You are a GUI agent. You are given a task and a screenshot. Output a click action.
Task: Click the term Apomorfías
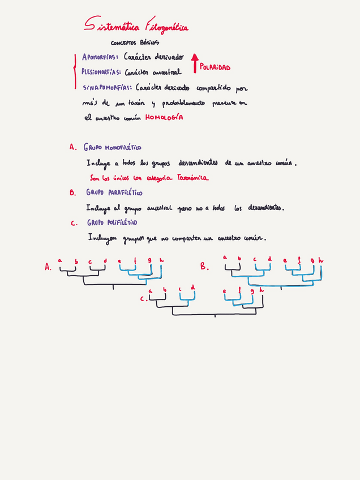[x=100, y=57]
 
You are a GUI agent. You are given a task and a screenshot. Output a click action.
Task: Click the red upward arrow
[x=195, y=63]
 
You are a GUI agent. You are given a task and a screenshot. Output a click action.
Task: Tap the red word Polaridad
[x=215, y=67]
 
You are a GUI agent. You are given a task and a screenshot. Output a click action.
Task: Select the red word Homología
[x=164, y=118]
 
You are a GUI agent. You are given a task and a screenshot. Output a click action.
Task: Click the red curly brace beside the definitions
[x=75, y=72]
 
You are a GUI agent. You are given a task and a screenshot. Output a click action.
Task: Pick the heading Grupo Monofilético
[x=113, y=147]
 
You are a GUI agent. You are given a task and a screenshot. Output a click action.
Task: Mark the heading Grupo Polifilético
[x=112, y=222]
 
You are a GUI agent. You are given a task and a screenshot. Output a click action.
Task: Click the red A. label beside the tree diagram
[x=48, y=267]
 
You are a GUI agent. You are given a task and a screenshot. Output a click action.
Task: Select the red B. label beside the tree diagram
[x=205, y=266]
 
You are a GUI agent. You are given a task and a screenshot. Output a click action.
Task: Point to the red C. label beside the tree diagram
[x=143, y=298]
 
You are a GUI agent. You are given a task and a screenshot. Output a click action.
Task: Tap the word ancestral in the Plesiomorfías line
[x=166, y=72]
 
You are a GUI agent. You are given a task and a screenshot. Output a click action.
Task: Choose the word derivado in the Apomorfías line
[x=168, y=57]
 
